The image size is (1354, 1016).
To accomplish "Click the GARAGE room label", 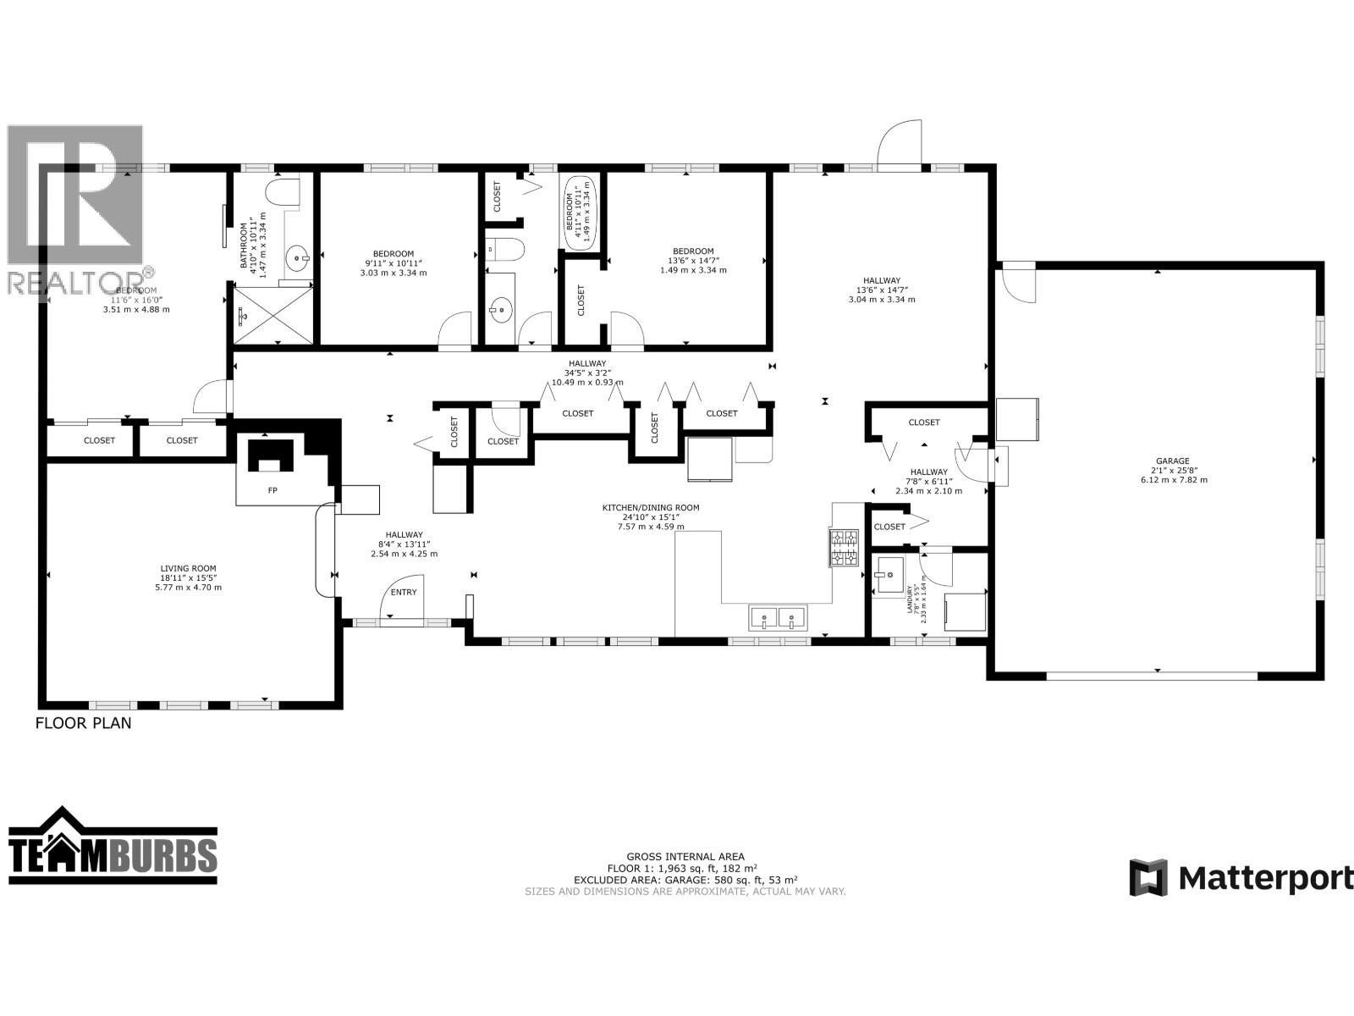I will (1173, 461).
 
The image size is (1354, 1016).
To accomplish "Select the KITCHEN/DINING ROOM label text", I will (650, 508).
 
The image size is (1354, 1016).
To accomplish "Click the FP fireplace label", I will (272, 490).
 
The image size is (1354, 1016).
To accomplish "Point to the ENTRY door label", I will (404, 592).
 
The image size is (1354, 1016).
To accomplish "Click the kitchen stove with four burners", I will (844, 547).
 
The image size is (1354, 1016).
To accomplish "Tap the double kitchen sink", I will (778, 618).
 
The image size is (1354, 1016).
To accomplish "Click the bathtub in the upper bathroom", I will (581, 213).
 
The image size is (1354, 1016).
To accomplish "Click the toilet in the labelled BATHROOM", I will (281, 191).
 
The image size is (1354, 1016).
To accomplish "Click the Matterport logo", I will (1241, 877).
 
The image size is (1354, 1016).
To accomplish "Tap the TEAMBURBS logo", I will (113, 853).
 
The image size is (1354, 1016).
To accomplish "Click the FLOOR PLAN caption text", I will (83, 724).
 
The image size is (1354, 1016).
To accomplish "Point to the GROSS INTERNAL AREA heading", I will (685, 857).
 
